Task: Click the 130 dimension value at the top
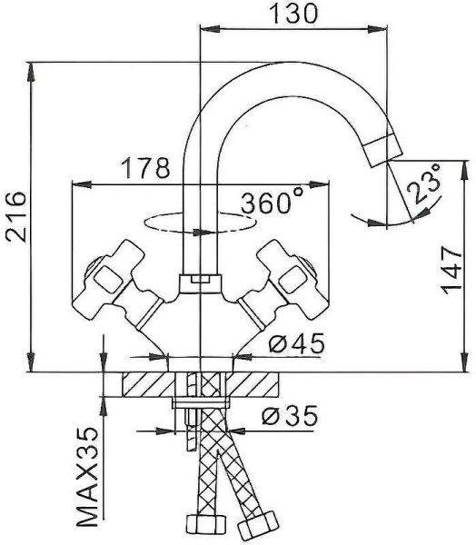point(293,14)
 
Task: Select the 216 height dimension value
point(15,216)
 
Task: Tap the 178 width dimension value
point(145,168)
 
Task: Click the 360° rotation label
point(271,203)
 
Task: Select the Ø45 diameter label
point(296,343)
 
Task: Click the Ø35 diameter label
point(290,415)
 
